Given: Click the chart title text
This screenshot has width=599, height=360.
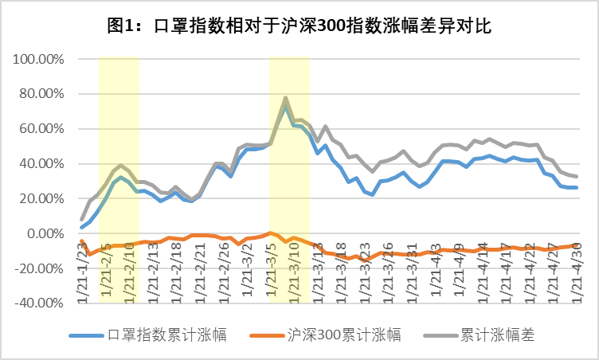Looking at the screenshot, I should coord(299,25).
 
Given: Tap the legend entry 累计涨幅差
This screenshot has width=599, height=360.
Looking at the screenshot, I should coord(496,335).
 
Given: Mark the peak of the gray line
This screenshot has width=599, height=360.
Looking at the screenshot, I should coord(285,98).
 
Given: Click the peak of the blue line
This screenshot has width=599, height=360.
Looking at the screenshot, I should coord(285,104).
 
